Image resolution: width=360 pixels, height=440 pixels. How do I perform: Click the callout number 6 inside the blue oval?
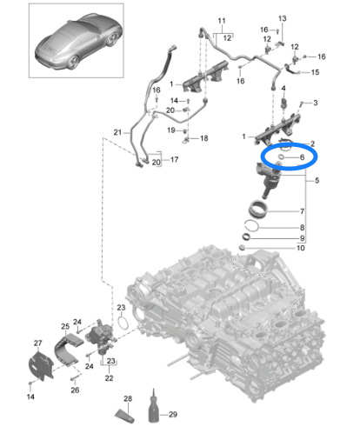(302, 157)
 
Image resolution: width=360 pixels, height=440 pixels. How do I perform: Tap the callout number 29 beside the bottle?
(173, 415)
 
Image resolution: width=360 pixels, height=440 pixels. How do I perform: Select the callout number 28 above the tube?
(128, 398)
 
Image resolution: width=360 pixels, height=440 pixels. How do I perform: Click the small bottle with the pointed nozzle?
(154, 406)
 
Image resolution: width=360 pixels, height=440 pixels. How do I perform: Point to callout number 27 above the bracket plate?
(38, 343)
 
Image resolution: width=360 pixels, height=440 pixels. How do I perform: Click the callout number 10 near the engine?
(301, 248)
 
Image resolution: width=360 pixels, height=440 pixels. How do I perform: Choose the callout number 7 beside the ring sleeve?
(302, 211)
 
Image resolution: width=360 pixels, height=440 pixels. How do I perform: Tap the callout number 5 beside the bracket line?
(317, 181)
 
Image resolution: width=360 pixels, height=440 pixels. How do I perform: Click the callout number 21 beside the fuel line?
(117, 132)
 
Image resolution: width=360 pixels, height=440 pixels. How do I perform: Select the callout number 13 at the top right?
(283, 18)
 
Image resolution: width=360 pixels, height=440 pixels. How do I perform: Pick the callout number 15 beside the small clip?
(315, 72)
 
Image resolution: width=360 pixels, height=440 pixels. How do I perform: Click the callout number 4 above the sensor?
(283, 88)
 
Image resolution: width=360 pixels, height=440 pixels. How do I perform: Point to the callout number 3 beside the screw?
(316, 103)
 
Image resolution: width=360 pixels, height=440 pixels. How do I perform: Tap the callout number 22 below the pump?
(109, 378)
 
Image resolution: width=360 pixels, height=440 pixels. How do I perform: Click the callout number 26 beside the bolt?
(75, 390)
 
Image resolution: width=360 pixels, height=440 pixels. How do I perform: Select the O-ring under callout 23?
(123, 323)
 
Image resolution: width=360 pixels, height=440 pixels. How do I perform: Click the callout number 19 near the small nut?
(171, 130)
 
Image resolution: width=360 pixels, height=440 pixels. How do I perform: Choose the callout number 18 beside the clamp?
(204, 138)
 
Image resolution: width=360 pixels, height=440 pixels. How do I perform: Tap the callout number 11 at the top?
(222, 21)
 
